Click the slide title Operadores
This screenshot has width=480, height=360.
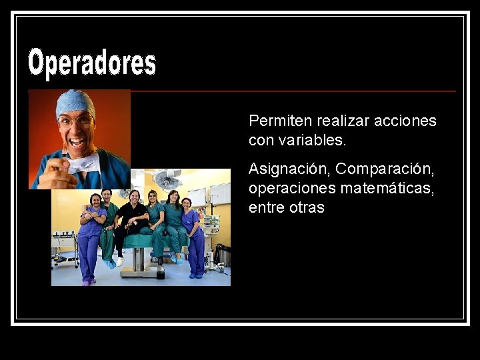click(x=92, y=63)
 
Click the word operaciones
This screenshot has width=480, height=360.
click(x=292, y=189)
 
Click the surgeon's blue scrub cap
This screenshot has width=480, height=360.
click(x=75, y=103)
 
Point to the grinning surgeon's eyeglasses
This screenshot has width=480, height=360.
click(x=76, y=121)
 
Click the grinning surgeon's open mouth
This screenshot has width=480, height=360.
click(x=78, y=142)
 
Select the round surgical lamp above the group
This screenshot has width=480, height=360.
click(x=167, y=179)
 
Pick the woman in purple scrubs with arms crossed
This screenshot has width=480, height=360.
click(x=91, y=233)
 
